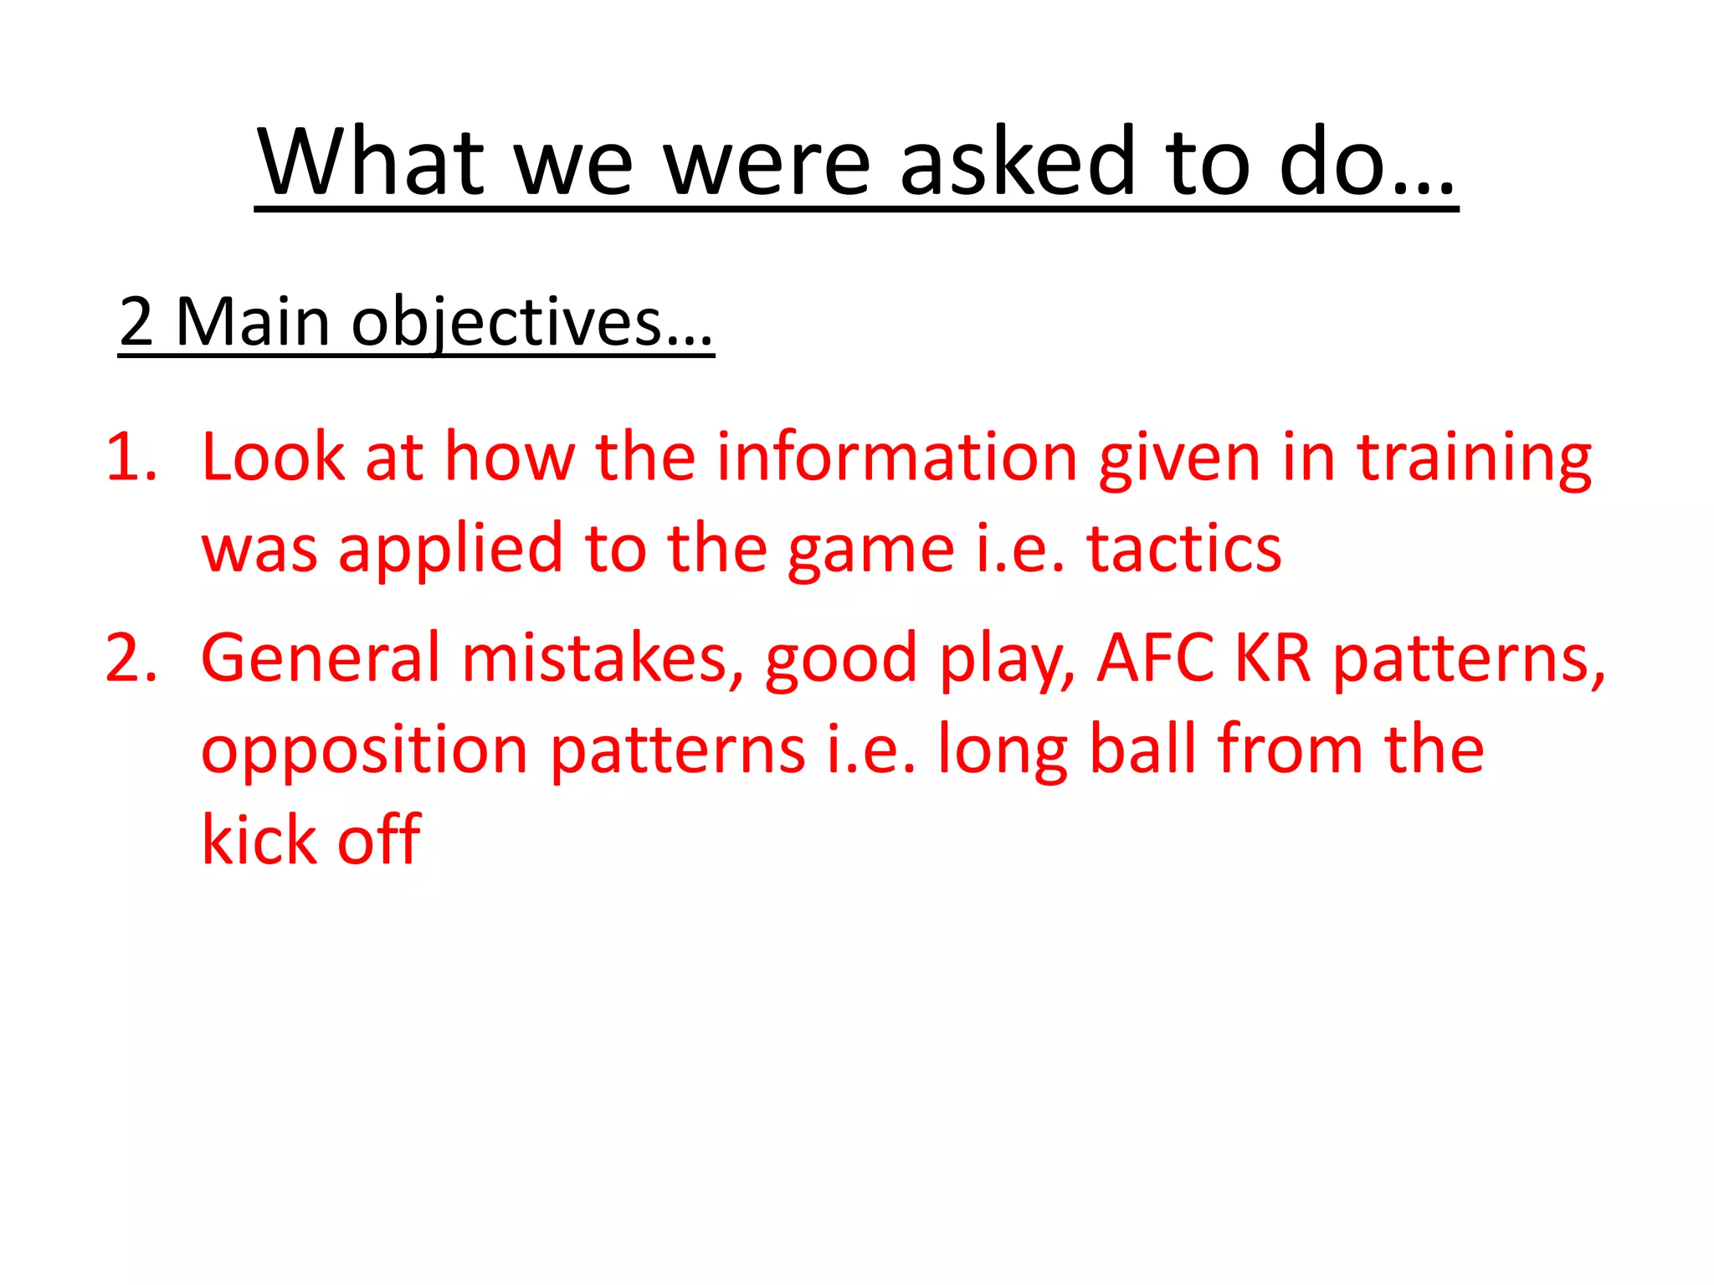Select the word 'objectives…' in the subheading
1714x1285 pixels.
pyautogui.click(x=531, y=323)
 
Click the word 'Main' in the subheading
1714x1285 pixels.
pyautogui.click(x=253, y=323)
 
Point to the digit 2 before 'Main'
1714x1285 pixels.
pyautogui.click(x=136, y=323)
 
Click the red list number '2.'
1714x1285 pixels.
pyautogui.click(x=131, y=658)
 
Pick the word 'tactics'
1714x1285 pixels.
pyautogui.click(x=1183, y=549)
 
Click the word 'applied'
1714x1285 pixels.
pyautogui.click(x=450, y=549)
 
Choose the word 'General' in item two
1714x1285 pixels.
pyautogui.click(x=321, y=658)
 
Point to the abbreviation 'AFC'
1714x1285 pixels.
pyautogui.click(x=1155, y=658)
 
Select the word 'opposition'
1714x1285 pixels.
pyautogui.click(x=364, y=750)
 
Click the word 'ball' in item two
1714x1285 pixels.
pyautogui.click(x=1142, y=750)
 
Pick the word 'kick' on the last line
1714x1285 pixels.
pyautogui.click(x=257, y=840)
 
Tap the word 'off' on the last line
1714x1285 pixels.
pyautogui.click(x=378, y=840)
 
